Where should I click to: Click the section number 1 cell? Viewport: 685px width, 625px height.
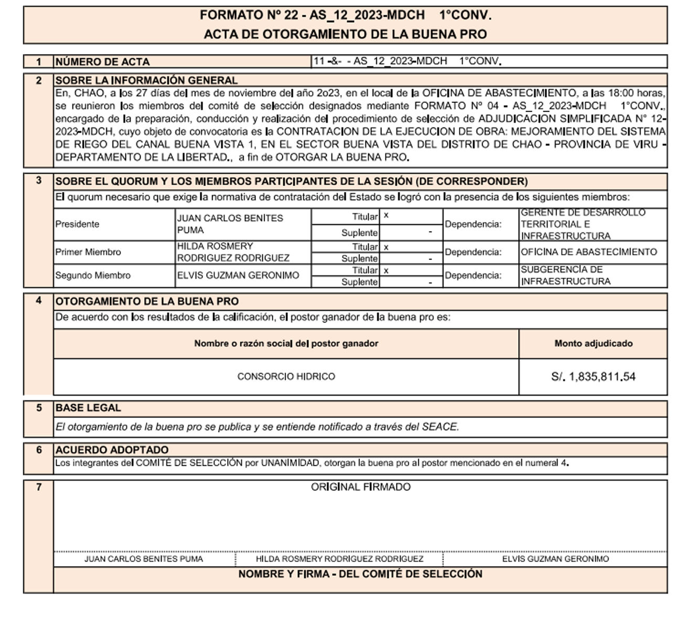click(x=38, y=62)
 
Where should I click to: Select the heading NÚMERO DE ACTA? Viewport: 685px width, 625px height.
click(x=103, y=62)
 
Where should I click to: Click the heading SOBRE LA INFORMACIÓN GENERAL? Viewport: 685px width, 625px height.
click(x=146, y=80)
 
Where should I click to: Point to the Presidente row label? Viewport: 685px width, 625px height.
click(x=77, y=224)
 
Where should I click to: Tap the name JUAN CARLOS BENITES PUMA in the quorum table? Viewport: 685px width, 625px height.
click(x=230, y=224)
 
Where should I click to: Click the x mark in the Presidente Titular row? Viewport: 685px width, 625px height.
click(x=386, y=216)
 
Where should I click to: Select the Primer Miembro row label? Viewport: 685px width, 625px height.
click(x=88, y=252)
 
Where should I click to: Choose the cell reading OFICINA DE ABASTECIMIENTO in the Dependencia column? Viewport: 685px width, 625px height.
click(x=588, y=252)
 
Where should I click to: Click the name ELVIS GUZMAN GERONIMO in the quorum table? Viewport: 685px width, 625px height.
click(x=238, y=276)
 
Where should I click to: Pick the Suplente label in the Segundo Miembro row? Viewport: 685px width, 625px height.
click(x=359, y=282)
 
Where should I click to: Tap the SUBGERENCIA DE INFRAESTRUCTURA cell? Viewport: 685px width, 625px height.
click(x=565, y=276)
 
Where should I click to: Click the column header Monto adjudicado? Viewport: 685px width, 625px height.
click(x=593, y=344)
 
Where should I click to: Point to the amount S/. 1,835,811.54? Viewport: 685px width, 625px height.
click(x=593, y=377)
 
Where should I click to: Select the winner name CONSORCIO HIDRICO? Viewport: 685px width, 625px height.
click(x=286, y=377)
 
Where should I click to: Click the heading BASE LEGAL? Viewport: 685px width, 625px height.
click(x=88, y=408)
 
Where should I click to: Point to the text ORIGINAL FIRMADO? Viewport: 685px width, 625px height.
click(x=361, y=487)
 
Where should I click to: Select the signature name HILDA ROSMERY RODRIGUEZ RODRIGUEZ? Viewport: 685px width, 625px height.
click(x=339, y=559)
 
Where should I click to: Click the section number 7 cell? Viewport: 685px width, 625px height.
click(x=38, y=487)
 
